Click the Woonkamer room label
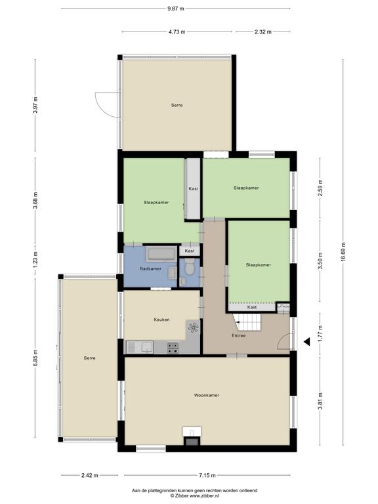[206, 395]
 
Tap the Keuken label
[161, 320]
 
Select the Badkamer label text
[150, 268]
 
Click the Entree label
[238, 335]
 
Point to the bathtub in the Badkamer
[161, 254]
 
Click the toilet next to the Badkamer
[189, 267]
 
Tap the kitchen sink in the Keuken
[140, 347]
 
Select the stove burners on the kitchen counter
[173, 348]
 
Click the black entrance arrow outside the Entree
[307, 342]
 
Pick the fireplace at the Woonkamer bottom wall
[192, 436]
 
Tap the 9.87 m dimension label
[175, 9]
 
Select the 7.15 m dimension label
[207, 475]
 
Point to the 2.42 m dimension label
[90, 475]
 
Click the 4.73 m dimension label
[177, 31]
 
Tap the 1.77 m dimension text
[320, 333]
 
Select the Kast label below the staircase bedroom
[252, 307]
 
